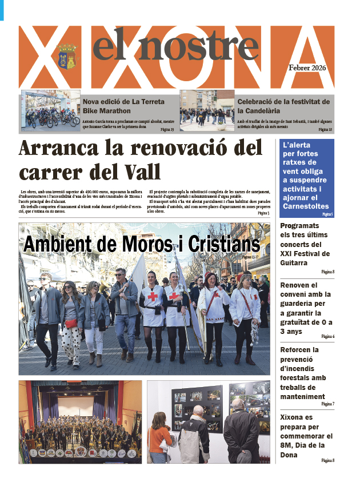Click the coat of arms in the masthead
66,56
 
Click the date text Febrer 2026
307,67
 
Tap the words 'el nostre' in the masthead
175,45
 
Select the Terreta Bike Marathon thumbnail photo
51,111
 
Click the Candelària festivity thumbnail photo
207,111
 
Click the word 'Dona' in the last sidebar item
290,455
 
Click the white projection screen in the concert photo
77,407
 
